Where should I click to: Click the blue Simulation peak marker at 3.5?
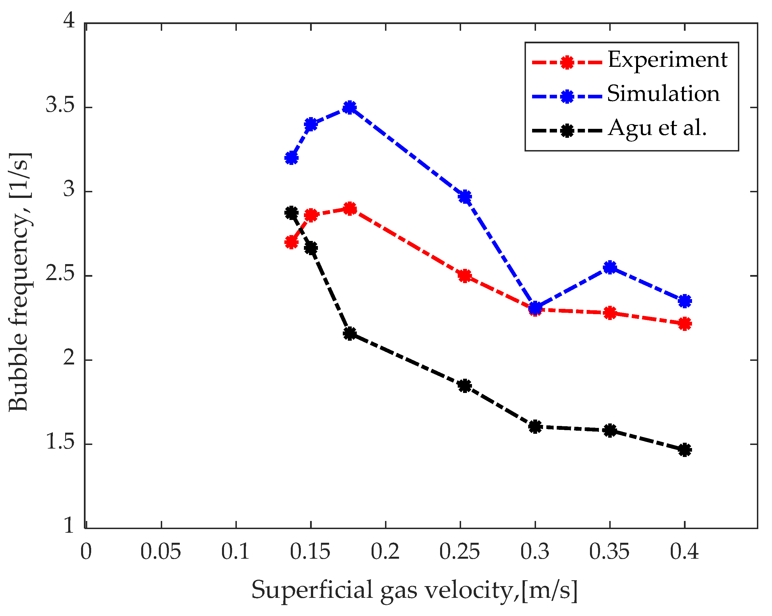pyautogui.click(x=350, y=107)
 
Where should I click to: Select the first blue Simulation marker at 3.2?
pyautogui.click(x=291, y=158)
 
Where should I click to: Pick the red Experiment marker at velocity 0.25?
pyautogui.click(x=465, y=276)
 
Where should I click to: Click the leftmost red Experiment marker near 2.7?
pyautogui.click(x=291, y=243)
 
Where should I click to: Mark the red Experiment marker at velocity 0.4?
pyautogui.click(x=685, y=324)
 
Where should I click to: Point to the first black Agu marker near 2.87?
pyautogui.click(x=291, y=213)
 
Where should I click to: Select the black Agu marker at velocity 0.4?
pyautogui.click(x=685, y=450)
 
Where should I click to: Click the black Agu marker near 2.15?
pyautogui.click(x=350, y=334)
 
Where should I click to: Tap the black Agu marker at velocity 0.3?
pyautogui.click(x=535, y=427)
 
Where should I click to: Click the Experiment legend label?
pyautogui.click(x=667, y=60)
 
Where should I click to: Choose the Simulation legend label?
pyautogui.click(x=663, y=94)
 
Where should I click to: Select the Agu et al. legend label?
pyautogui.click(x=657, y=128)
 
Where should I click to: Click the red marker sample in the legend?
pyautogui.click(x=567, y=63)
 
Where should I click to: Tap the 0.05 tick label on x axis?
pyautogui.click(x=160, y=551)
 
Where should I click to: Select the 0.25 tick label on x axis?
pyautogui.click(x=459, y=551)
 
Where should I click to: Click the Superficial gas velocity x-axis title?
pyautogui.click(x=414, y=590)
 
